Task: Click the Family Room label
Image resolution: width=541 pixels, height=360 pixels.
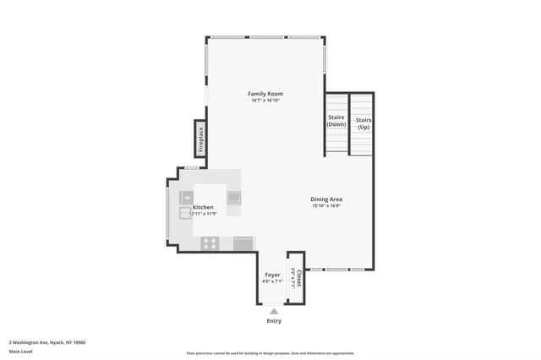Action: point(265,93)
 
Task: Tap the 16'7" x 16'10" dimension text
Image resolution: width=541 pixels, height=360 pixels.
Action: point(265,101)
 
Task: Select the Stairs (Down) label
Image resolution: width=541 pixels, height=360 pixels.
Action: point(336,121)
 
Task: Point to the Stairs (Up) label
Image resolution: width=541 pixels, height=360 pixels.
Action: point(363,123)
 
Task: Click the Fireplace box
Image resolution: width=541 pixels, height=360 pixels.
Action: point(201,139)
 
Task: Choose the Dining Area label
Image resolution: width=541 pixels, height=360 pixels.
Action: point(326,199)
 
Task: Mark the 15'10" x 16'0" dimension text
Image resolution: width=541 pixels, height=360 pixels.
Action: point(326,205)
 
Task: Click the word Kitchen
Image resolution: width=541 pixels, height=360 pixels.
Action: point(203,207)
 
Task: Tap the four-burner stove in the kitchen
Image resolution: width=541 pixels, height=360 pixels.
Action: point(210,243)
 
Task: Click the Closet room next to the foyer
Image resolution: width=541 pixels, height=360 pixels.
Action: point(296,277)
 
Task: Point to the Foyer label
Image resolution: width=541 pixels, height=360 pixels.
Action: point(272,275)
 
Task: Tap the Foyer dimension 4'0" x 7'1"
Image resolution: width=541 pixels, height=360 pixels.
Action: point(272,281)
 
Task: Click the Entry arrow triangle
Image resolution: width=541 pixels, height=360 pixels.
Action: point(273,311)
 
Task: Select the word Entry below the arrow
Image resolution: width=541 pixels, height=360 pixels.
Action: point(274,321)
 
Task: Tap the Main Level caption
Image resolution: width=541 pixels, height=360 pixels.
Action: point(20,352)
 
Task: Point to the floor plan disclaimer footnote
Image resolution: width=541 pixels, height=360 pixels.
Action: point(270,353)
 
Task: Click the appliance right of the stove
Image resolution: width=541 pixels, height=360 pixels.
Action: point(243,243)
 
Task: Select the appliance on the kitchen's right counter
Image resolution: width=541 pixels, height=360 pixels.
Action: point(233,199)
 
